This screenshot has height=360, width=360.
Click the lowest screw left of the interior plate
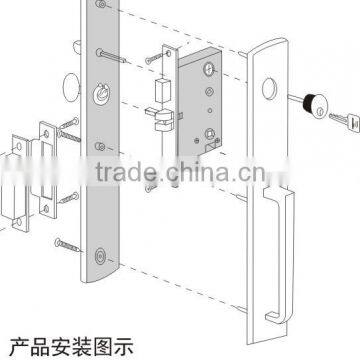pos(66,240)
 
